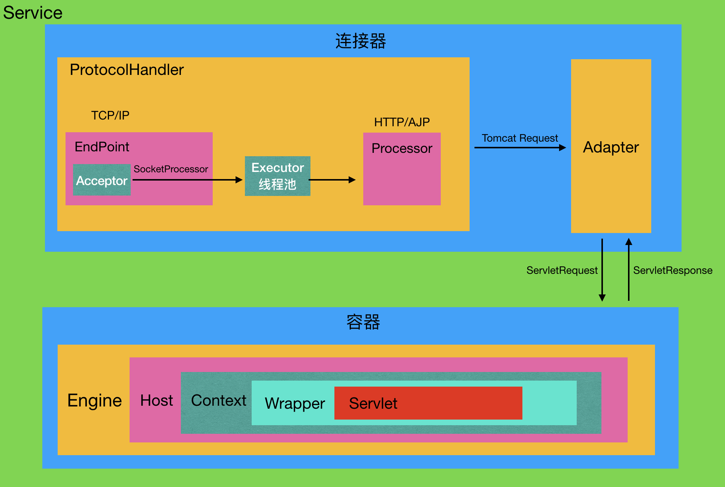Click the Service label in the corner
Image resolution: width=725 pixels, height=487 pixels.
pyautogui.click(x=33, y=13)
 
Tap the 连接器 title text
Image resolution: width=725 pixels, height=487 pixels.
pyautogui.click(x=360, y=41)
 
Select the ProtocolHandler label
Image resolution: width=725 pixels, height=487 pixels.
pyautogui.click(x=127, y=70)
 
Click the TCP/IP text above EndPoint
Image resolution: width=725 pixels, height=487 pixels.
pyautogui.click(x=110, y=115)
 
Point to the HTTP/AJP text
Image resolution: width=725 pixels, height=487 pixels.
pyautogui.click(x=402, y=122)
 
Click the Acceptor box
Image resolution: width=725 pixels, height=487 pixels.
pyautogui.click(x=102, y=180)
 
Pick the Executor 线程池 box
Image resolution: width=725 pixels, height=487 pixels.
pyautogui.click(x=277, y=176)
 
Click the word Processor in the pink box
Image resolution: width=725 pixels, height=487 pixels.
pyautogui.click(x=402, y=148)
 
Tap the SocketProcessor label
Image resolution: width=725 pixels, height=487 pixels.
pyautogui.click(x=171, y=169)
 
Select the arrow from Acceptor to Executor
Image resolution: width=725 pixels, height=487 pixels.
pyautogui.click(x=187, y=180)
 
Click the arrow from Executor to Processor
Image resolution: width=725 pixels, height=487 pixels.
pyautogui.click(x=332, y=180)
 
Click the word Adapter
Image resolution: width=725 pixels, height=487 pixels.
pyautogui.click(x=611, y=147)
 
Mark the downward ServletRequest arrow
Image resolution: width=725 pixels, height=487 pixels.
pyautogui.click(x=602, y=270)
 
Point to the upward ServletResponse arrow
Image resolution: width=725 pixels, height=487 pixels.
pyautogui.click(x=629, y=270)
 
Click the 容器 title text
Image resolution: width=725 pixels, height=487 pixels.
pyautogui.click(x=363, y=322)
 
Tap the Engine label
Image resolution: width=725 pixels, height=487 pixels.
pyautogui.click(x=95, y=400)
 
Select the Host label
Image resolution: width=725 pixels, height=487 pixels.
pyautogui.click(x=157, y=400)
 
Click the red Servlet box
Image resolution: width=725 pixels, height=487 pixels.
pyautogui.click(x=428, y=403)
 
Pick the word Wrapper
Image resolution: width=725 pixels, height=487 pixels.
pyautogui.click(x=295, y=403)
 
